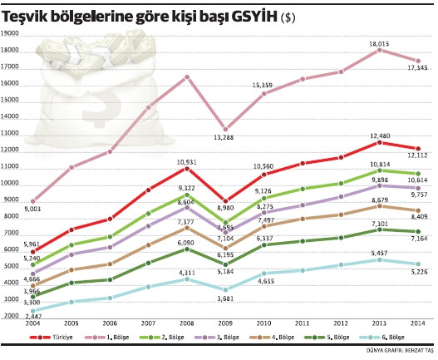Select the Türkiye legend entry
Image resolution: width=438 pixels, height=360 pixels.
[x=60, y=337]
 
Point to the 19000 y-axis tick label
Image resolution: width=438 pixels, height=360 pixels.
[x=11, y=33]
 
